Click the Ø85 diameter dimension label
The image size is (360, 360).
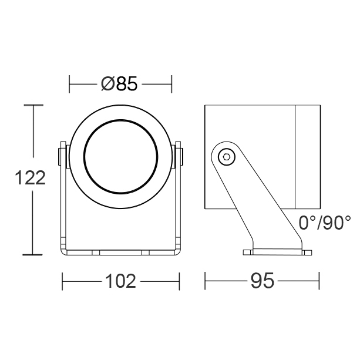[x=119, y=83]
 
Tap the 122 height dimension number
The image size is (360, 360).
[x=30, y=178]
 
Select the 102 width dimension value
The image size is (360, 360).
[x=120, y=281]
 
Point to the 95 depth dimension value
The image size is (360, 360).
[x=262, y=281]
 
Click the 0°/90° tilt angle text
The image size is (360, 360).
[x=325, y=223]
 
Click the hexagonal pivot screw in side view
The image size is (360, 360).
[x=227, y=157]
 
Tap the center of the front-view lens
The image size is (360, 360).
[x=121, y=156]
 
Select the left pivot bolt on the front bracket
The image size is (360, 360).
[x=62, y=157]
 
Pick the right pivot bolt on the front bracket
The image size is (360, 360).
[x=179, y=157]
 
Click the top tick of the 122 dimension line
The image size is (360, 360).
[x=33, y=105]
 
